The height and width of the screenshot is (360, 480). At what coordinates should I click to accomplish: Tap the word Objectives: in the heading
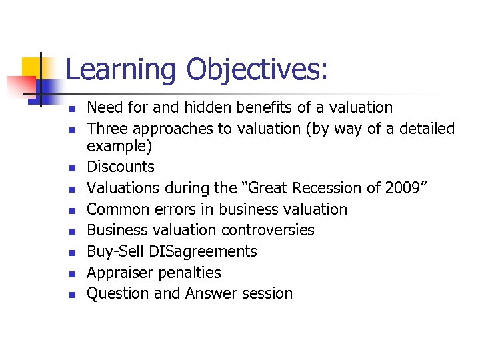[x=257, y=70]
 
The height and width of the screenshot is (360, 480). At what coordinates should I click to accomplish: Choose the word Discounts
[x=121, y=167]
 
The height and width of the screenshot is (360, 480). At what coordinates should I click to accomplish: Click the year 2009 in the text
[x=403, y=188]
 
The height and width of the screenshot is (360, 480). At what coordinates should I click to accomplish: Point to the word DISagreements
[x=203, y=251]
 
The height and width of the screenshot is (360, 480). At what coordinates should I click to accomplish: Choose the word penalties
[x=189, y=273]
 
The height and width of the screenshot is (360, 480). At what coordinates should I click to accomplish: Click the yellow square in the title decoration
[x=35, y=69]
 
